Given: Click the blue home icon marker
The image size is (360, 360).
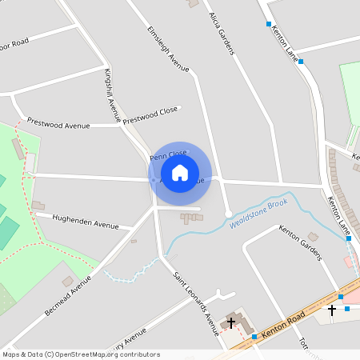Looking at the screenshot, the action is point(180,172).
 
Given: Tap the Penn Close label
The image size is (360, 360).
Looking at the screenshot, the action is point(168,154).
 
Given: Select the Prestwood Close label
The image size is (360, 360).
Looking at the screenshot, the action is point(150,115).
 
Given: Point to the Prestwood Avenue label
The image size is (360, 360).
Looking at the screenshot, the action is point(58,123).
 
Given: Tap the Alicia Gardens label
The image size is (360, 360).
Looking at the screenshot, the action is point(222,34).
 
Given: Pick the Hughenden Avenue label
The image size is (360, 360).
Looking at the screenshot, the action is point(85,221).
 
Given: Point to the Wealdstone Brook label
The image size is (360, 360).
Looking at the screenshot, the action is point(258,214).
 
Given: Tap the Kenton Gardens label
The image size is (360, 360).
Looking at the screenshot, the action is point(300,242).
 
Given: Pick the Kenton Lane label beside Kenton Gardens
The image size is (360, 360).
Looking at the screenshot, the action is point(339,216).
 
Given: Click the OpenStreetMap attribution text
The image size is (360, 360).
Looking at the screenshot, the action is point(80,354).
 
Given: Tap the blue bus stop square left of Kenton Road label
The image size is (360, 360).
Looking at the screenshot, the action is point(254,337).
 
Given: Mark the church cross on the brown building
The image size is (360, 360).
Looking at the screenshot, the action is point(232,322).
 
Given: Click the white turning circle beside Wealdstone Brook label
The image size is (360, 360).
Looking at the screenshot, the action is point(228,213).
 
